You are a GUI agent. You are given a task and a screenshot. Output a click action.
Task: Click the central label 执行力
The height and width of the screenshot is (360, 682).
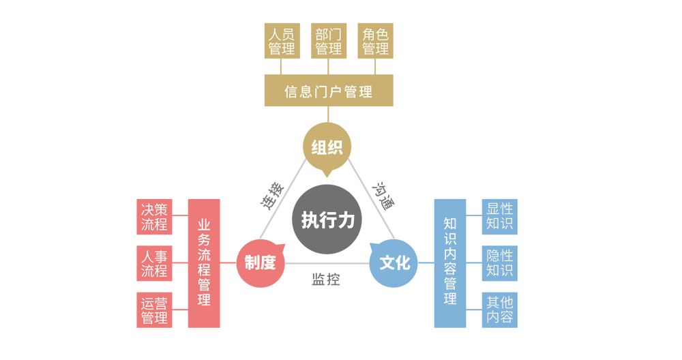pyautogui.click(x=328, y=220)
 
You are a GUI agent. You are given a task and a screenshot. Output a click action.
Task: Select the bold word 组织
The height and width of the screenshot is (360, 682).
pyautogui.click(x=327, y=147)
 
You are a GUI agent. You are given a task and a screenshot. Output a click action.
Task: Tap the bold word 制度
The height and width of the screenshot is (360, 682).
pyautogui.click(x=260, y=262)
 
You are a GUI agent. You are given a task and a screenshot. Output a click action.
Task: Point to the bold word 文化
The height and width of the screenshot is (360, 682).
pyautogui.click(x=395, y=262)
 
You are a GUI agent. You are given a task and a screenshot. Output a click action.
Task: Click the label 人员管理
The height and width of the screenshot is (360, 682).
pyautogui.click(x=282, y=41)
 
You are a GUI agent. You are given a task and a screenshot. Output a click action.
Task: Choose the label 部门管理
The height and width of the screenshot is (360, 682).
pyautogui.click(x=329, y=41)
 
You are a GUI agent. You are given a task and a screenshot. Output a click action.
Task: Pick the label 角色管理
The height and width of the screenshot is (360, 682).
pyautogui.click(x=376, y=41)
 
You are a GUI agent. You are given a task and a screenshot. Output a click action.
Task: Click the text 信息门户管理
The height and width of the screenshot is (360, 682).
pyautogui.click(x=328, y=91)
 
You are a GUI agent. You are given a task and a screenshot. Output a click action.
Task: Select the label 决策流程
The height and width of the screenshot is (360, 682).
pyautogui.click(x=154, y=216)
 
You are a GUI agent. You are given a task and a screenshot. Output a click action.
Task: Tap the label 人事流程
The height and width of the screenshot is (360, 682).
pyautogui.click(x=154, y=263)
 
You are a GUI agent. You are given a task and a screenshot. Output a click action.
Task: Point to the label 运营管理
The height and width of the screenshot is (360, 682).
pyautogui.click(x=154, y=310)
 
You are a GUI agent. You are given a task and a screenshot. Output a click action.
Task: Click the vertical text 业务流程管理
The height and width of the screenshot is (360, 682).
pyautogui.click(x=204, y=262)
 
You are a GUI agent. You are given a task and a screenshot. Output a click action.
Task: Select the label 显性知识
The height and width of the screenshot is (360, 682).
pyautogui.click(x=500, y=216)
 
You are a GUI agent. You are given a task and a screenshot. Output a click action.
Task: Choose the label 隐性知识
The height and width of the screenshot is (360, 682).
pyautogui.click(x=500, y=262)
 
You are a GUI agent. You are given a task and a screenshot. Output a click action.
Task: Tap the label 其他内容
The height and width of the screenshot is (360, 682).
pyautogui.click(x=500, y=310)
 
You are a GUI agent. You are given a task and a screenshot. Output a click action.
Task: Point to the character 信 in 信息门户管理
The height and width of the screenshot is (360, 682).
pyautogui.click(x=291, y=91)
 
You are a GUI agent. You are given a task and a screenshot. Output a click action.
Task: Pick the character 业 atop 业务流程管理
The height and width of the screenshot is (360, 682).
pyautogui.click(x=204, y=225)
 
